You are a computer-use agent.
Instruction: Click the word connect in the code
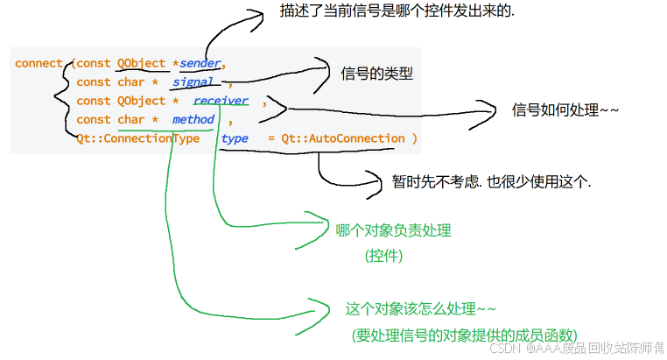[39, 63]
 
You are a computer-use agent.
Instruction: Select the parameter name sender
[201, 64]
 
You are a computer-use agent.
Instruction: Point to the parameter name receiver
[221, 101]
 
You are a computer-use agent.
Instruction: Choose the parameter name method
[193, 119]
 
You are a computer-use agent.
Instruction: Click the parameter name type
[234, 138]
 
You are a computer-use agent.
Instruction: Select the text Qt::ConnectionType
[137, 138]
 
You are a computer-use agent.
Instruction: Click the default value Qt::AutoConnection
[344, 138]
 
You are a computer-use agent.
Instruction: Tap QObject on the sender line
[140, 64]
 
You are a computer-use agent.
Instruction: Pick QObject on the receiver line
[140, 101]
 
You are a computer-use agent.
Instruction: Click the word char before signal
[131, 82]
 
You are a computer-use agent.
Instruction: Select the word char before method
[131, 119]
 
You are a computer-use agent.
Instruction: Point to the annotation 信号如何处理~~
[565, 110]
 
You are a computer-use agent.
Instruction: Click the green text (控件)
[383, 256]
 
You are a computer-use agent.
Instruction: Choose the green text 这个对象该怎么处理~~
[421, 309]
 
